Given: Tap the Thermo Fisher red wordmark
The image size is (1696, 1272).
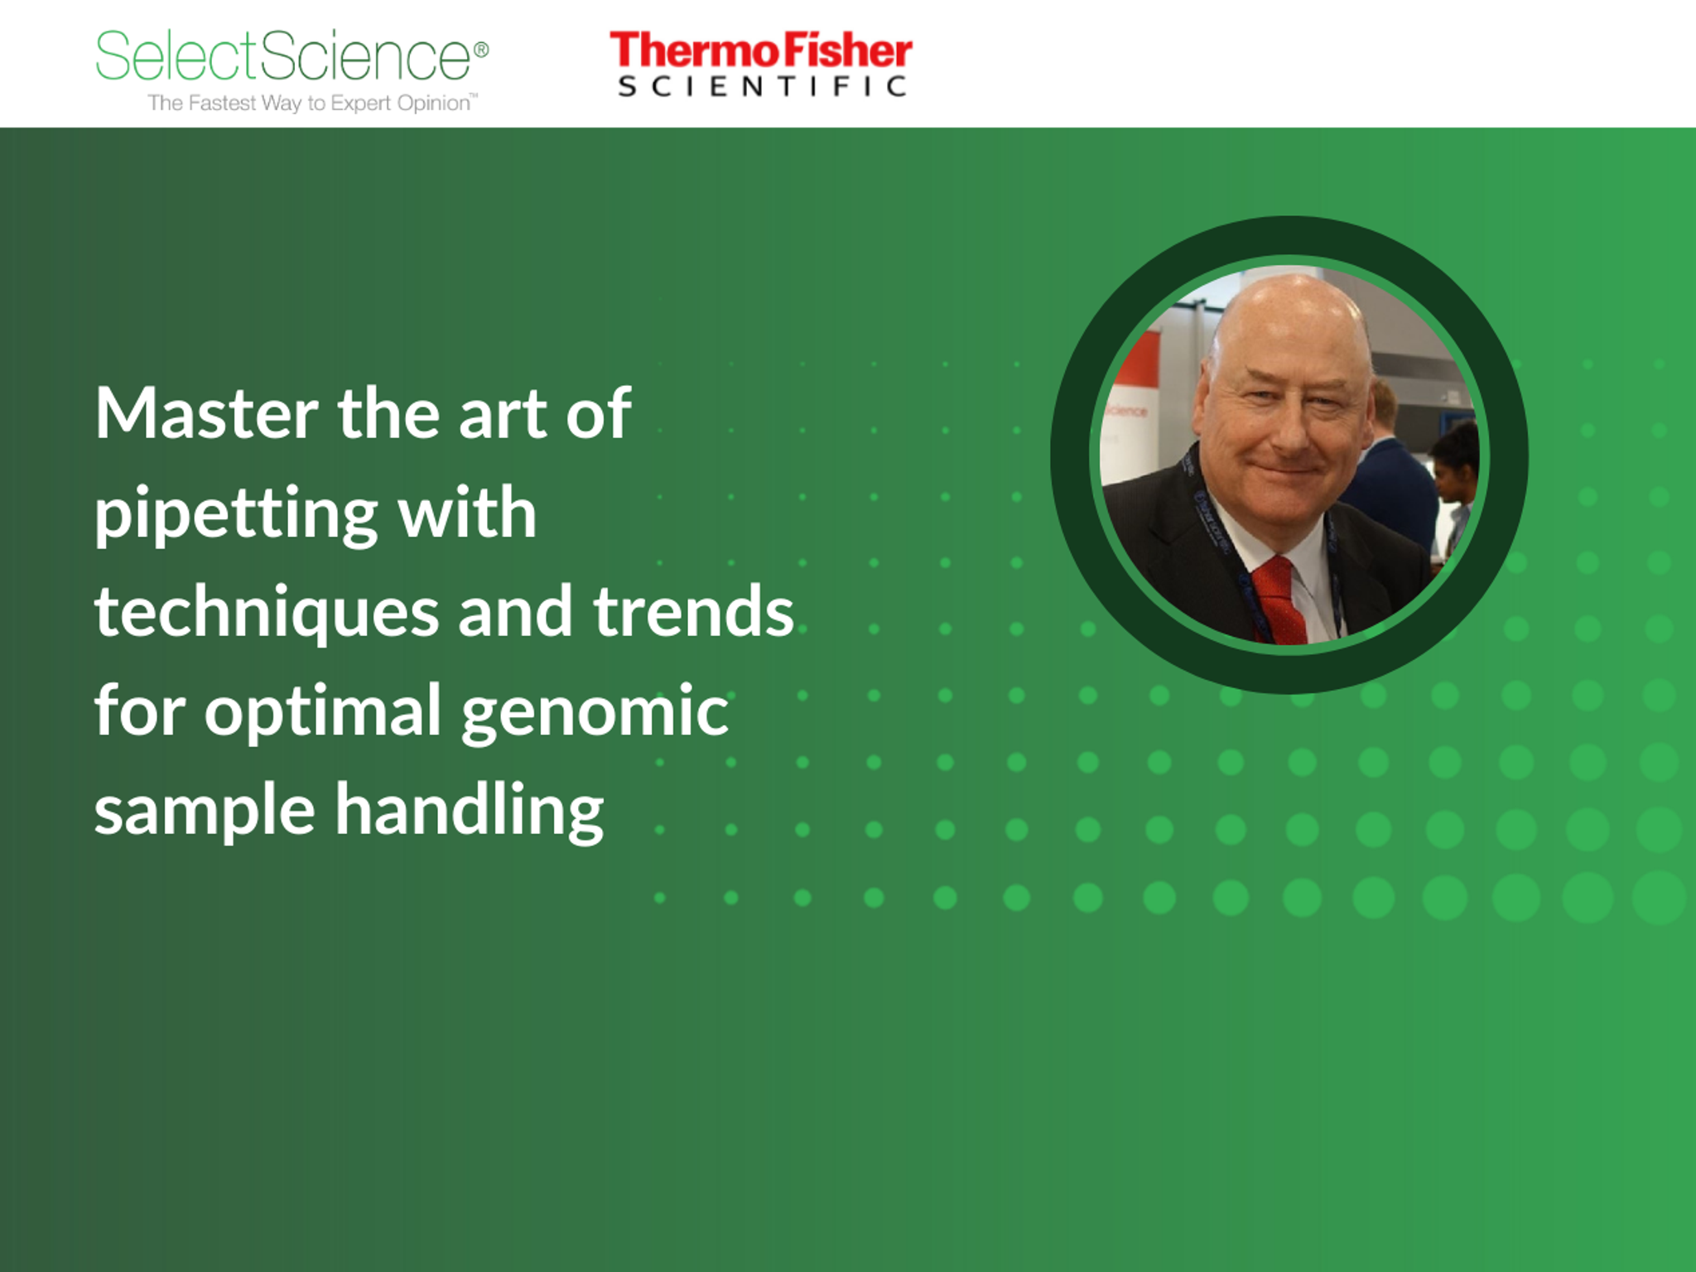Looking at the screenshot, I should point(760,51).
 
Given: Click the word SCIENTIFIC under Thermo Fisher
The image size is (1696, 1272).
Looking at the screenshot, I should point(762,86).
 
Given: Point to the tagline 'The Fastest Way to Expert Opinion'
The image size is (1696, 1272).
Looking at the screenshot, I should point(311,104).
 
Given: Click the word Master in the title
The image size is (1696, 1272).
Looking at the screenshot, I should point(206,413).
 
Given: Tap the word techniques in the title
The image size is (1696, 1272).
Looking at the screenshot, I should point(266,612).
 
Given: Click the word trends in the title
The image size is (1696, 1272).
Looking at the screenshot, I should point(693,612).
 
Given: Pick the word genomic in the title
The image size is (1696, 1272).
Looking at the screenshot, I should point(594,712).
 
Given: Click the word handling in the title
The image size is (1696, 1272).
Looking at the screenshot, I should point(469,811).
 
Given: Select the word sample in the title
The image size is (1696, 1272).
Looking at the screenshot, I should point(205,812).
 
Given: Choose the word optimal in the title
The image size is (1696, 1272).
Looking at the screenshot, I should point(323,712).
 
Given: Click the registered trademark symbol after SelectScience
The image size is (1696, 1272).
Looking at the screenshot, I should point(481,50).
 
